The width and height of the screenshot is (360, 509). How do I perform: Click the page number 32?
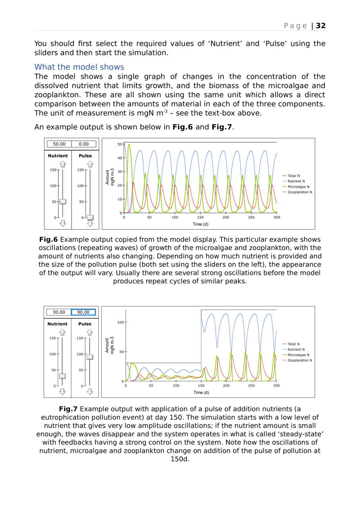tap(320, 26)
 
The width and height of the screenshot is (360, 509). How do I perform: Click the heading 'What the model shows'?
tap(79, 67)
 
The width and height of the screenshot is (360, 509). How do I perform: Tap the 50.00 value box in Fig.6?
tap(59, 144)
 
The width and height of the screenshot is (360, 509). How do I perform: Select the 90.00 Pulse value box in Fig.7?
tap(84, 312)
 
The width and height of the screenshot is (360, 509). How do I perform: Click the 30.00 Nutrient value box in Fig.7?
tap(59, 312)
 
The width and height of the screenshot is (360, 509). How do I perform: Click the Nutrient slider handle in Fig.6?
tap(63, 201)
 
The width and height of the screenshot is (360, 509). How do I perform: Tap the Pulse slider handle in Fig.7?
tap(90, 357)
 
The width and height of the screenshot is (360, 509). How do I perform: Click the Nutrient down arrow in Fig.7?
tap(62, 391)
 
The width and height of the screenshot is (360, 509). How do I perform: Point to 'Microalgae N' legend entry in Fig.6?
tap(298, 187)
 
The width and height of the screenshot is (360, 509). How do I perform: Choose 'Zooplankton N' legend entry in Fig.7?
tap(300, 360)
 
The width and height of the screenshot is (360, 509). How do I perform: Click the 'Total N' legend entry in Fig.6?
tap(293, 176)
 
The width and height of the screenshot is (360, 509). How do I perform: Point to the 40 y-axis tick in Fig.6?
tap(120, 158)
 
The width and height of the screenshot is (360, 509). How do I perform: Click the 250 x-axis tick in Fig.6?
tap(251, 217)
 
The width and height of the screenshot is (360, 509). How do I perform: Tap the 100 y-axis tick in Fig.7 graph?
tap(120, 322)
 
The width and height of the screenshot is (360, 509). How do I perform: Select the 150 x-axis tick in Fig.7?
tap(201, 386)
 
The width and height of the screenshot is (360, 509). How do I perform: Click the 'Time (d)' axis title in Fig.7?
tap(201, 392)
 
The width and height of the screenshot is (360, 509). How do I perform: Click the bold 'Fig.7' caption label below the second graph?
tap(68, 409)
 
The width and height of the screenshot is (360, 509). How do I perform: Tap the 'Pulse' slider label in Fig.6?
tap(85, 156)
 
